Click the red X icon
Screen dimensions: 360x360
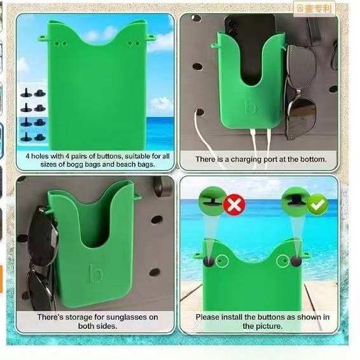[x=235, y=205]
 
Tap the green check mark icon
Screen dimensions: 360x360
[x=317, y=205]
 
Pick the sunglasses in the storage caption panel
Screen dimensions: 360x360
[x=41, y=254]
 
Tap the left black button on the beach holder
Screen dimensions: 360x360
[x=208, y=261]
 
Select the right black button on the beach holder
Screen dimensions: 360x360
[x=296, y=261]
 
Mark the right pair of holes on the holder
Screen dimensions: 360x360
[x=133, y=44]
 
